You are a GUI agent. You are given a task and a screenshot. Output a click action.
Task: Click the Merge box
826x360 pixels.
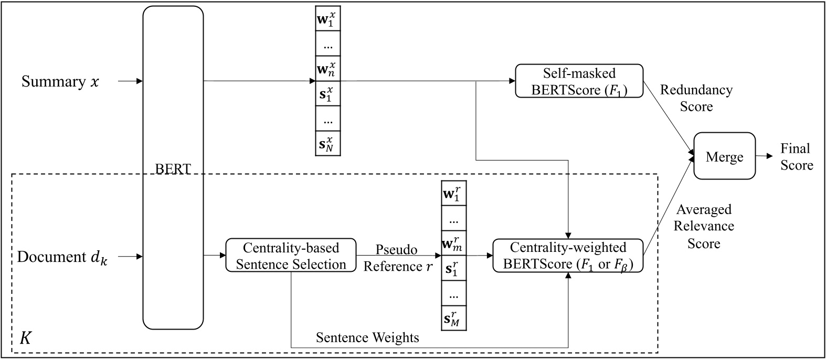(x=725, y=156)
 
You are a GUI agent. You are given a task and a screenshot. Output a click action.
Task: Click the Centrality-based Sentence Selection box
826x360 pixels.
(x=291, y=255)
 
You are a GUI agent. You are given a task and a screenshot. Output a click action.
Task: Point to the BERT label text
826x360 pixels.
(x=173, y=169)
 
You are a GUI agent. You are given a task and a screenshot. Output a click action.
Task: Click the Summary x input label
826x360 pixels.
(x=60, y=82)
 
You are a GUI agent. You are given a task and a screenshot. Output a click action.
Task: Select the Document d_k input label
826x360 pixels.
(x=62, y=257)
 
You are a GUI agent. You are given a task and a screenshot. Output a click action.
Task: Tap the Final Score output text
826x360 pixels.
(x=796, y=156)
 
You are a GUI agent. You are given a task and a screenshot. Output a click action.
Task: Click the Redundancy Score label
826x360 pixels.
(x=696, y=98)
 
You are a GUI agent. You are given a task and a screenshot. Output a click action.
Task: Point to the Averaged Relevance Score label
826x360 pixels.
(x=704, y=226)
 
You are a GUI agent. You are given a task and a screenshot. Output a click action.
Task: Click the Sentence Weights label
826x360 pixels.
(x=367, y=337)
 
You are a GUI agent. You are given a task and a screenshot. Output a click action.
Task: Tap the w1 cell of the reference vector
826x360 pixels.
(x=453, y=193)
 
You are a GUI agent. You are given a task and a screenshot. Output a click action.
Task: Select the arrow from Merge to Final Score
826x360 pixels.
(x=764, y=156)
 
